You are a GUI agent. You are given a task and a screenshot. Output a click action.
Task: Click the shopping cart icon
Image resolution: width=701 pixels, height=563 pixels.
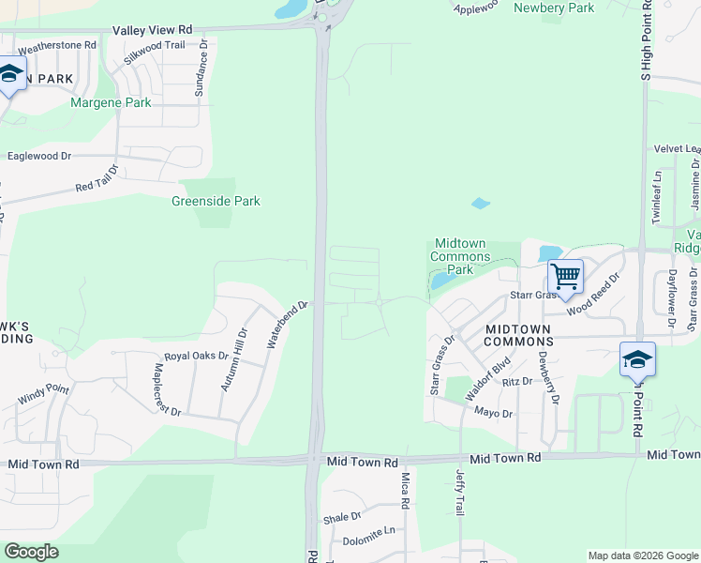(x=565, y=277)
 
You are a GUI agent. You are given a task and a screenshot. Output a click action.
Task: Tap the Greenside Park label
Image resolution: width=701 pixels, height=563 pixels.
(x=216, y=201)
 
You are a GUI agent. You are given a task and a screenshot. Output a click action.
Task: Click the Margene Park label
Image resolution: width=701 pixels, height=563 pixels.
(x=111, y=102)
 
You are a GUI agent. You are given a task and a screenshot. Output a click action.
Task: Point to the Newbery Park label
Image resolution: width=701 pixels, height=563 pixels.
(x=554, y=8)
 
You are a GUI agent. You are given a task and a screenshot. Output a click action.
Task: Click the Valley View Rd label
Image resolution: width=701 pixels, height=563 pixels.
(x=152, y=30)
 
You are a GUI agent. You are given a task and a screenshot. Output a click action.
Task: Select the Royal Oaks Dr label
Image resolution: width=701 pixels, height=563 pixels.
(x=196, y=357)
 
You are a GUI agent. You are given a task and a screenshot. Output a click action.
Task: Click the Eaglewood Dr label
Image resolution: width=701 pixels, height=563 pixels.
(x=39, y=156)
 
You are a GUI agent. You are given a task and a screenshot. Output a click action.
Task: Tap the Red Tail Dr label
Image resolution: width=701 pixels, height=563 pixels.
(x=97, y=180)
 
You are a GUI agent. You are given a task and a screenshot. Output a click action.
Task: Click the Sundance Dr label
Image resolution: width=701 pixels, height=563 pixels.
(x=199, y=70)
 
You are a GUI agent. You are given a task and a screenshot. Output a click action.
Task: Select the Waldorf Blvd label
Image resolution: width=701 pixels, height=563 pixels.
(x=487, y=379)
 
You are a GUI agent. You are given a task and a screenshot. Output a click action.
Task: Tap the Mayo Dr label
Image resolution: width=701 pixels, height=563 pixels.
(x=493, y=413)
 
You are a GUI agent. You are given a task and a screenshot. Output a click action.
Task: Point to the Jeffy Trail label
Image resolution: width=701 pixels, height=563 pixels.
(x=460, y=492)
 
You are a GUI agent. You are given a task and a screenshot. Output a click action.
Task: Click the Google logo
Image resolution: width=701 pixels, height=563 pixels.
(x=31, y=552)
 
